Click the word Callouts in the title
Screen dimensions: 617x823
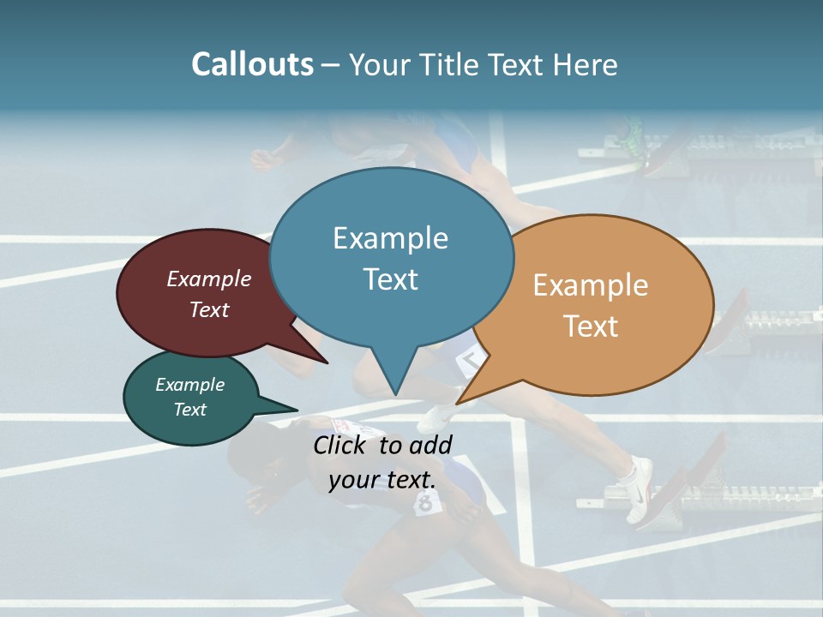pos(252,64)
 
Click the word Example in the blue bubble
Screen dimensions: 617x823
pos(390,238)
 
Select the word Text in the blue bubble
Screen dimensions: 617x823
pos(390,279)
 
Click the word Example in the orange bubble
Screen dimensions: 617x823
pos(591,285)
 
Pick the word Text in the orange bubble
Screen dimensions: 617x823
pos(591,326)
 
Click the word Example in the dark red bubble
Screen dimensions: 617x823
pos(208,279)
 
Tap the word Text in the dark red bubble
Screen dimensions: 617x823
pos(208,309)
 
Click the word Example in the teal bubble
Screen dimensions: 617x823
pos(189,385)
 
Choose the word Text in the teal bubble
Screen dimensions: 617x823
pos(189,410)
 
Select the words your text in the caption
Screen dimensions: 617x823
pos(381,480)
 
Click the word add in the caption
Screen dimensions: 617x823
pos(430,445)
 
